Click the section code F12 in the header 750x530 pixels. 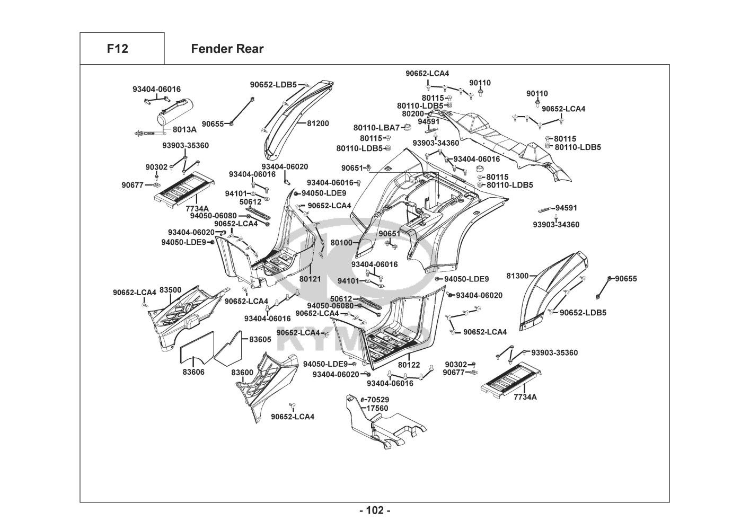pyautogui.click(x=117, y=49)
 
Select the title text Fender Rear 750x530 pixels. pyautogui.click(x=227, y=49)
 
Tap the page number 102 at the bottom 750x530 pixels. pyautogui.click(x=374, y=510)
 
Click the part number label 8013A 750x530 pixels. pyautogui.click(x=184, y=129)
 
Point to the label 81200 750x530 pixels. pyautogui.click(x=317, y=123)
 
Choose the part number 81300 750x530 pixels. pyautogui.click(x=517, y=276)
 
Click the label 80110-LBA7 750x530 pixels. pyautogui.click(x=376, y=128)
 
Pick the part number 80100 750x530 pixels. pyautogui.click(x=341, y=243)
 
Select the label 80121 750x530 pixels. pyautogui.click(x=310, y=278)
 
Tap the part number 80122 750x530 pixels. pyautogui.click(x=409, y=365)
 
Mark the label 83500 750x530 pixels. pyautogui.click(x=171, y=290)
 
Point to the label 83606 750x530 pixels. pyautogui.click(x=193, y=372)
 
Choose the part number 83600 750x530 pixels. pyautogui.click(x=242, y=373)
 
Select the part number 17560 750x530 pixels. pyautogui.click(x=377, y=408)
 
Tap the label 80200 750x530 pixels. pyautogui.click(x=413, y=113)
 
